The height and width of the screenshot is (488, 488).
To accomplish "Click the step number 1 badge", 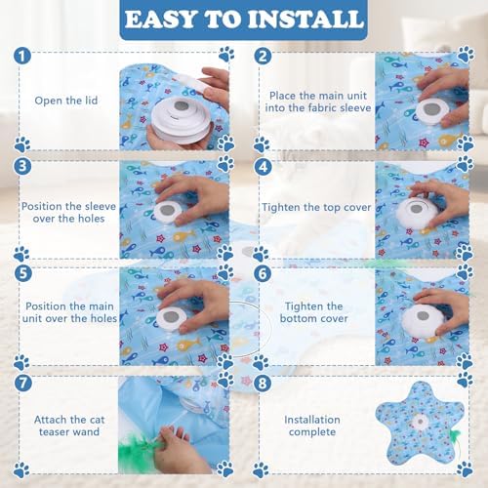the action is [22, 56].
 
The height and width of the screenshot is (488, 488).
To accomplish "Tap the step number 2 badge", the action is [263, 56].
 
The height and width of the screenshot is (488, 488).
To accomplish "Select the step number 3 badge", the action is [22, 166].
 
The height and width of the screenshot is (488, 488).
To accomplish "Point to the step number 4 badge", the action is [263, 167].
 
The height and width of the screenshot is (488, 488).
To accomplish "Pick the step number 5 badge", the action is [23, 273].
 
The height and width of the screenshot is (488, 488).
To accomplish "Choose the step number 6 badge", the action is [263, 274].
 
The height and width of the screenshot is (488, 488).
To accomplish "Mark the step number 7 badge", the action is [23, 383].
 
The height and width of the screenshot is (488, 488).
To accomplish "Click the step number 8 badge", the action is [263, 383].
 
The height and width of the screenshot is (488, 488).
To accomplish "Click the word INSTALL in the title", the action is [305, 19].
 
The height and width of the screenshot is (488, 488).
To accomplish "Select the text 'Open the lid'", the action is [66, 101].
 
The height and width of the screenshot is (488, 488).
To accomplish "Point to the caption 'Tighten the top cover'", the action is [316, 207].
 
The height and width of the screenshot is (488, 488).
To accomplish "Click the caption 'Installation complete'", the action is [312, 426].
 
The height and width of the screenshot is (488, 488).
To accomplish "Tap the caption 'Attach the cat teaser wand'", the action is [69, 426].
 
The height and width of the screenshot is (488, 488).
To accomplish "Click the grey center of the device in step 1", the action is [182, 105].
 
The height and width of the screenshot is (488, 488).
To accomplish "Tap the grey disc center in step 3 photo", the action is [168, 210].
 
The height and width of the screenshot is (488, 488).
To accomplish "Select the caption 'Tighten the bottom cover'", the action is [314, 312].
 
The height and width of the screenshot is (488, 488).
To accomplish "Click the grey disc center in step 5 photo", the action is [170, 315].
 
